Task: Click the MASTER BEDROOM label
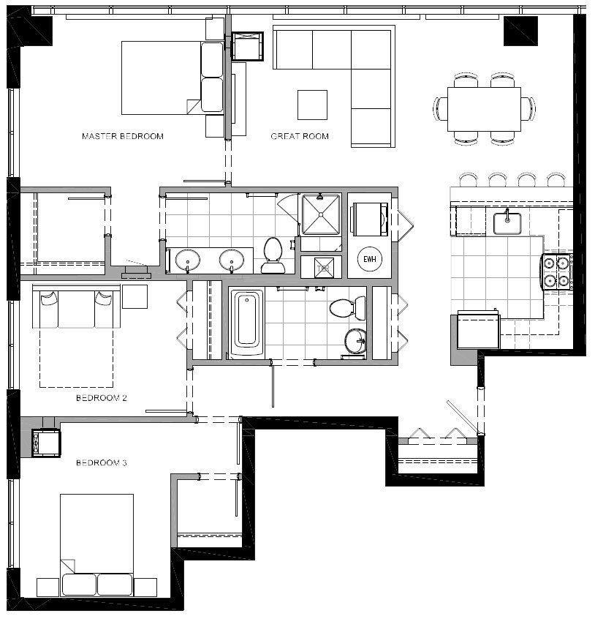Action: pyautogui.click(x=123, y=136)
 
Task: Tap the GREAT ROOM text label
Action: pyautogui.click(x=300, y=136)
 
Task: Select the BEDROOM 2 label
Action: pyautogui.click(x=102, y=399)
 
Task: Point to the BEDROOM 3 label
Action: pyautogui.click(x=102, y=463)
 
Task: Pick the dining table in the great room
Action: pyautogui.click(x=484, y=109)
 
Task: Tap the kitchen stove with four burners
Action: pyautogui.click(x=556, y=271)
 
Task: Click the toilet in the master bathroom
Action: pyautogui.click(x=273, y=254)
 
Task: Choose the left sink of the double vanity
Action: pyautogui.click(x=189, y=259)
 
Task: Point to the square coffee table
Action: pyautogui.click(x=312, y=104)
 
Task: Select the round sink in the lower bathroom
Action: pyautogui.click(x=355, y=340)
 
